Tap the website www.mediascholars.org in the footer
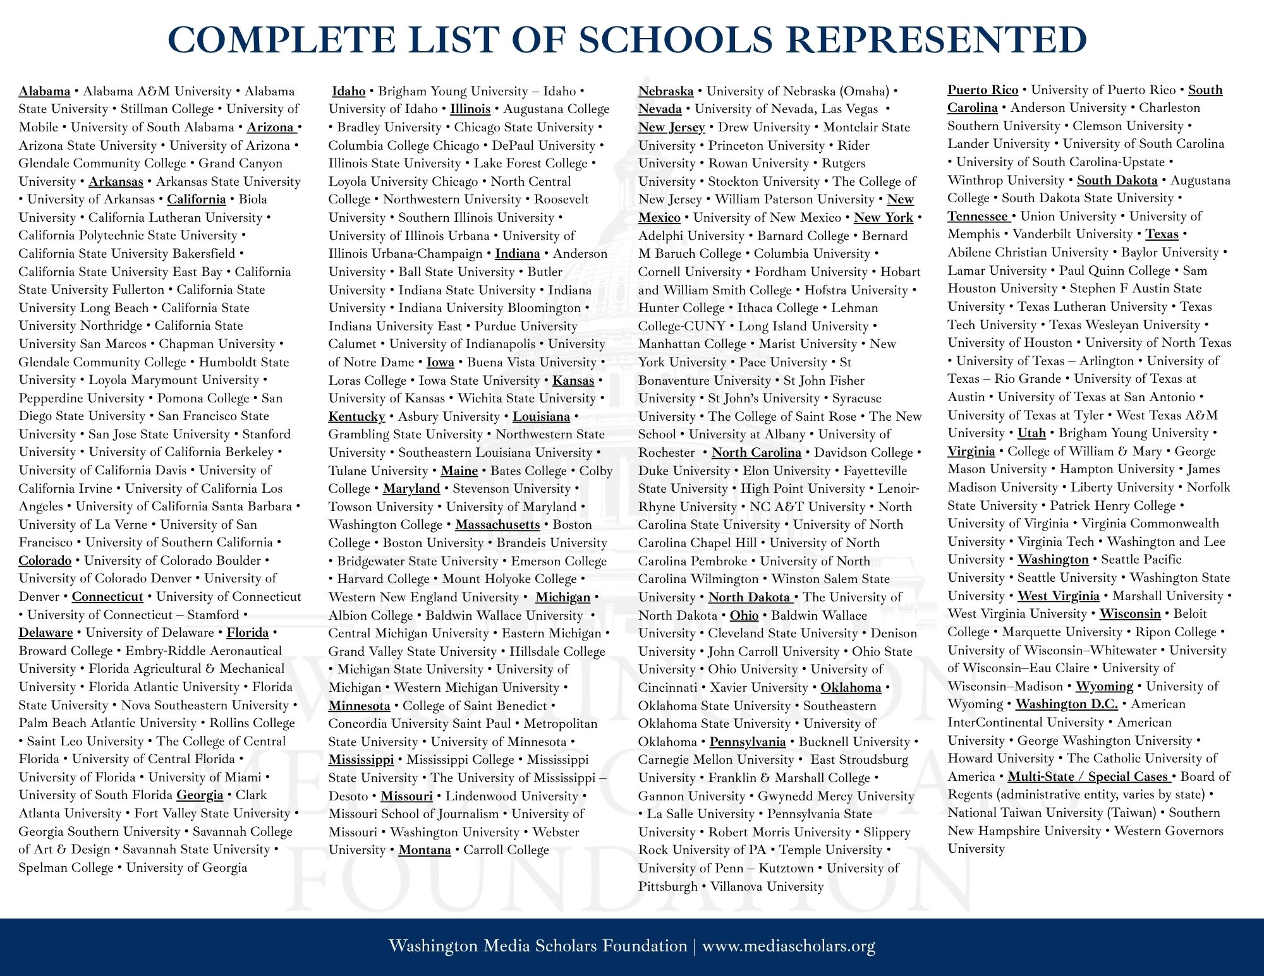[788, 946]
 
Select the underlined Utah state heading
[1031, 433]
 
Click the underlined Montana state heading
[424, 850]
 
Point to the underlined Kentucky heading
[356, 416]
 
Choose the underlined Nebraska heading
[665, 91]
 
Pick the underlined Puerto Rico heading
[982, 90]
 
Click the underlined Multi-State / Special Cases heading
[1087, 776]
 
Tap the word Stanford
[267, 434]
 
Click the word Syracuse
[856, 398]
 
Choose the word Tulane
[348, 471]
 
